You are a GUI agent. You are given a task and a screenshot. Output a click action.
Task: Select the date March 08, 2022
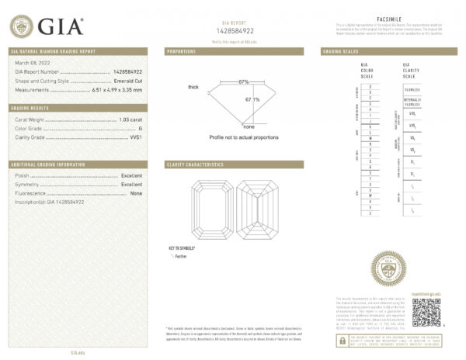(x=32, y=63)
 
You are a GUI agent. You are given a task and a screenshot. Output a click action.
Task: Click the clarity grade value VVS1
(x=135, y=137)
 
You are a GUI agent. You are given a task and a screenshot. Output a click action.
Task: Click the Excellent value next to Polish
(x=131, y=175)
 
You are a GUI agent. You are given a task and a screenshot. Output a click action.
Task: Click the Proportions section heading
(x=185, y=51)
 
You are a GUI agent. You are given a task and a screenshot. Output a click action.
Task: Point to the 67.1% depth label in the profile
(x=253, y=99)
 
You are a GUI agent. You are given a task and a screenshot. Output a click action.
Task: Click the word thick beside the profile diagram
(x=193, y=87)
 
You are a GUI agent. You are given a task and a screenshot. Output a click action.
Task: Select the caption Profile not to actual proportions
(x=243, y=137)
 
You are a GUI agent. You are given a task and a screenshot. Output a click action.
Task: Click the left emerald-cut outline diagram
(x=213, y=210)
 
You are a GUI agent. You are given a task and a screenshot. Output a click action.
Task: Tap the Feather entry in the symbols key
(x=182, y=255)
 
